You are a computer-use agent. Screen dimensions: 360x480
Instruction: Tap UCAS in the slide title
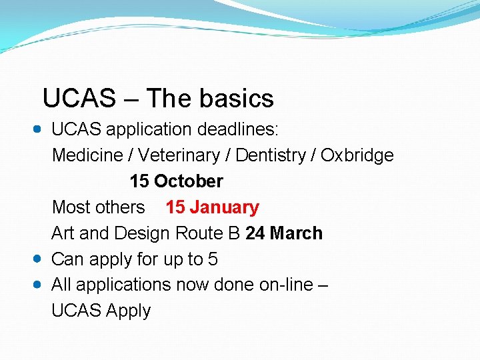79,99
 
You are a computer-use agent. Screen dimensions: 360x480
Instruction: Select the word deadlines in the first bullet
241,129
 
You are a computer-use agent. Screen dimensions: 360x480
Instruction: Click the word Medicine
92,155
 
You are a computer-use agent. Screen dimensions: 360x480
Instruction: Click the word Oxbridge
357,155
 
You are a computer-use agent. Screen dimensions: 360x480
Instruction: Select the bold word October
189,181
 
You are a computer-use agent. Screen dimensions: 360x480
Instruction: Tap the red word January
224,207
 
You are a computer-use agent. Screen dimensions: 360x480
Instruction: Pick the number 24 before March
255,233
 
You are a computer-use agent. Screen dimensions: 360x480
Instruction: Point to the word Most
71,207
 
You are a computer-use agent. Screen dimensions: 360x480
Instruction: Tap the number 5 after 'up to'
213,259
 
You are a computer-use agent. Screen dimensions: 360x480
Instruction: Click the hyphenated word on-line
289,285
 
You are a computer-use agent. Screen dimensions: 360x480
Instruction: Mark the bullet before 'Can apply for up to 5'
37,259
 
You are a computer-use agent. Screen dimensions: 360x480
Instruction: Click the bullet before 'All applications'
37,284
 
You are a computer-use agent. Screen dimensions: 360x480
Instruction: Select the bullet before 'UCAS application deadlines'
37,129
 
